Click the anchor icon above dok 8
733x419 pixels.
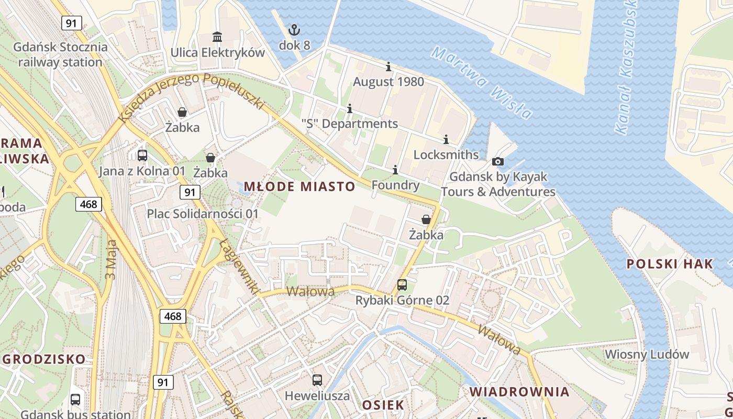click(x=294, y=29)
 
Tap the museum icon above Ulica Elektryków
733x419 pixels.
click(x=217, y=37)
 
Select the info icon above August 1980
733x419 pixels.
click(x=388, y=67)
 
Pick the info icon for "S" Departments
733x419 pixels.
click(x=350, y=108)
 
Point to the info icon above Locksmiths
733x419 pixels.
click(x=446, y=139)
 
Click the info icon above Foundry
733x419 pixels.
click(x=395, y=170)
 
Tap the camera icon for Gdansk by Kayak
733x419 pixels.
click(x=498, y=161)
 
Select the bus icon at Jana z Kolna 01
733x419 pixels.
click(x=142, y=155)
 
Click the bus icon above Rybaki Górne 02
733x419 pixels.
click(x=402, y=284)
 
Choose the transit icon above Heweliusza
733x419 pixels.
click(x=317, y=380)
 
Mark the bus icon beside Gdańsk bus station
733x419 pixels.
click(x=75, y=399)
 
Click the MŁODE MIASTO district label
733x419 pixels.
click(x=299, y=186)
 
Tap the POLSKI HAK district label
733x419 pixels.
click(x=670, y=263)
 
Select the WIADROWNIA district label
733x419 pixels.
click(x=519, y=392)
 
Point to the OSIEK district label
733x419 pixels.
click(x=383, y=405)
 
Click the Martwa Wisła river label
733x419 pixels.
click(x=482, y=83)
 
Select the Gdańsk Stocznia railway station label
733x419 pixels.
click(x=61, y=54)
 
